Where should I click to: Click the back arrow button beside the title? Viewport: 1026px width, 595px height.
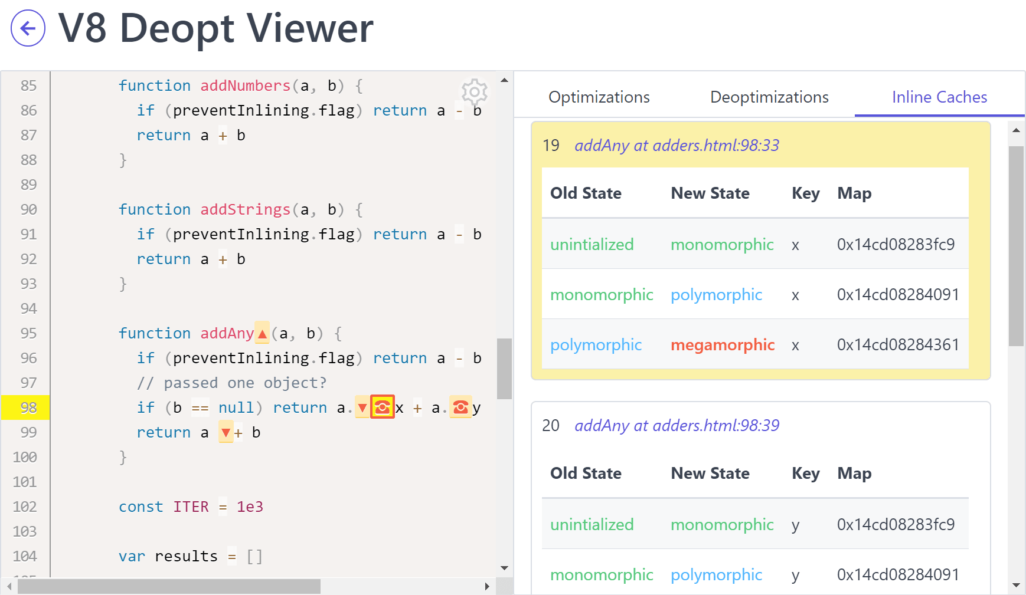pyautogui.click(x=28, y=28)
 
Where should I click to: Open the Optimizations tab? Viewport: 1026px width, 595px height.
pyautogui.click(x=599, y=97)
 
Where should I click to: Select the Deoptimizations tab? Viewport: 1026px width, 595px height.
pyautogui.click(x=769, y=97)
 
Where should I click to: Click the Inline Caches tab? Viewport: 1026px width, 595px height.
pyautogui.click(x=939, y=97)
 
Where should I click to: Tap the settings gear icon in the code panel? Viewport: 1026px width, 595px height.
pyautogui.click(x=474, y=91)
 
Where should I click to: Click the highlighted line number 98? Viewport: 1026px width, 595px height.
pyautogui.click(x=28, y=407)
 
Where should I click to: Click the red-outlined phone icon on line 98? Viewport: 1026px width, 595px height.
pyautogui.click(x=382, y=407)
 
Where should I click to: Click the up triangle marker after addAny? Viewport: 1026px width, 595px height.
pyautogui.click(x=262, y=334)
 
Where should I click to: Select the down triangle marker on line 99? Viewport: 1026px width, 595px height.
pyautogui.click(x=226, y=433)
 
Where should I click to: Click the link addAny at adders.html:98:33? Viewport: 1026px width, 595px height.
pyautogui.click(x=677, y=146)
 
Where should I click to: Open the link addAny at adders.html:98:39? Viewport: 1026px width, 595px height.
pyautogui.click(x=677, y=426)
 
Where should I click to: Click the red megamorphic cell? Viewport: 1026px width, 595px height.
pyautogui.click(x=722, y=345)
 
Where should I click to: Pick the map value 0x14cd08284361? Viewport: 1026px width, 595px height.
pyautogui.click(x=897, y=345)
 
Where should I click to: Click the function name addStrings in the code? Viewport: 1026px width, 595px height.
pyautogui.click(x=245, y=210)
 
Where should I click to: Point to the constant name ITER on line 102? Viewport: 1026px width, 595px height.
pyautogui.click(x=191, y=507)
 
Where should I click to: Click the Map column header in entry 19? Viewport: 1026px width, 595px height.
pyautogui.click(x=854, y=193)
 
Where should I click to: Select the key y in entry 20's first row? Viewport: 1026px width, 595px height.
pyautogui.click(x=795, y=525)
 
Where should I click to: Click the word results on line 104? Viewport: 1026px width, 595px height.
pyautogui.click(x=186, y=557)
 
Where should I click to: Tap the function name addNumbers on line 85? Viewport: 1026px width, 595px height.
pyautogui.click(x=245, y=86)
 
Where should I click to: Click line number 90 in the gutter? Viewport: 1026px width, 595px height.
pyautogui.click(x=28, y=210)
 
